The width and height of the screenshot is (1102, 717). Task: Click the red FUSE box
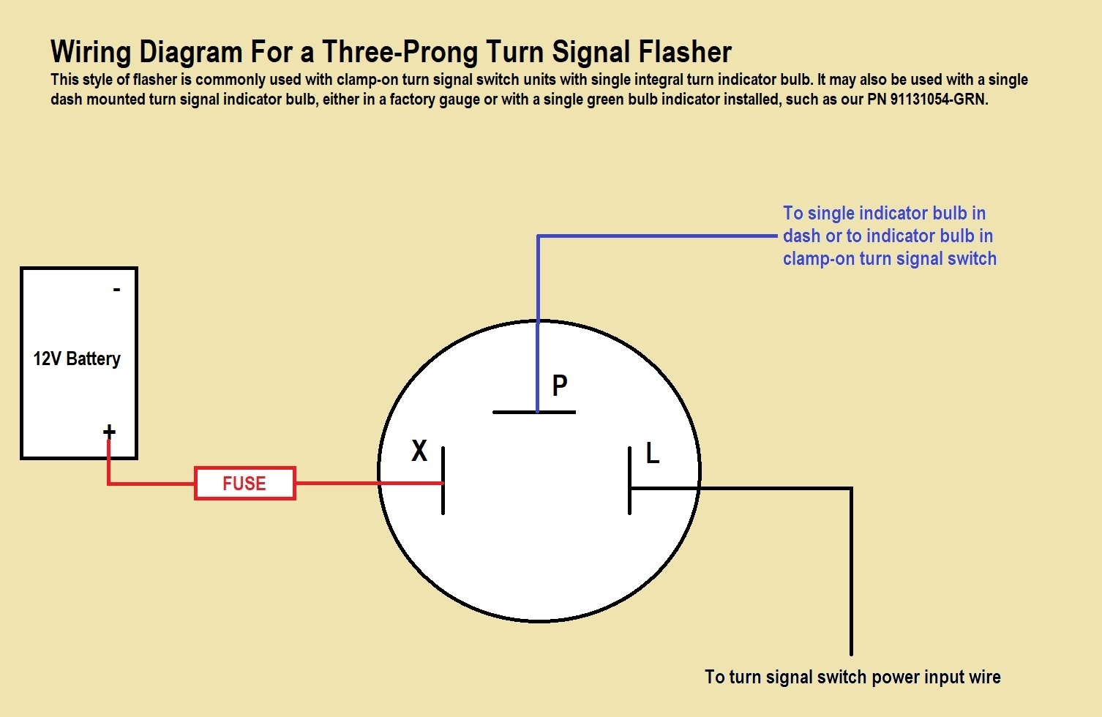click(244, 483)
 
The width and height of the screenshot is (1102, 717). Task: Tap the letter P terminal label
click(560, 386)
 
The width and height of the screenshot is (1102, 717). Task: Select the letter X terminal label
click(419, 451)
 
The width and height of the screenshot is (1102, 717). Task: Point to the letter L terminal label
click(653, 454)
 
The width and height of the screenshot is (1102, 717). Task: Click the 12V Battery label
click(77, 358)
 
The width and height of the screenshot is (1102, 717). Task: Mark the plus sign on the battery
click(109, 432)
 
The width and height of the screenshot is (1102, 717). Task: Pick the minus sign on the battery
click(116, 290)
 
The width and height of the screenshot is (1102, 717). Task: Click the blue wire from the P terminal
click(659, 236)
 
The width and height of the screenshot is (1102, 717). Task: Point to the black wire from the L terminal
click(851, 571)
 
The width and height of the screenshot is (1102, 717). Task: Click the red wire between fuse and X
click(337, 483)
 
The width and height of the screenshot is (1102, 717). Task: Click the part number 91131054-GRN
click(939, 99)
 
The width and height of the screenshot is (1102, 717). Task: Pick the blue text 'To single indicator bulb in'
click(884, 213)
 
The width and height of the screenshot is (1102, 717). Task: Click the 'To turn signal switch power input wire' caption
click(852, 677)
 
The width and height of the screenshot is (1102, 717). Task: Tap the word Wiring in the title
click(91, 52)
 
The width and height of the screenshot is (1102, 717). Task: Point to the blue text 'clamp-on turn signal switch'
click(889, 258)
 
